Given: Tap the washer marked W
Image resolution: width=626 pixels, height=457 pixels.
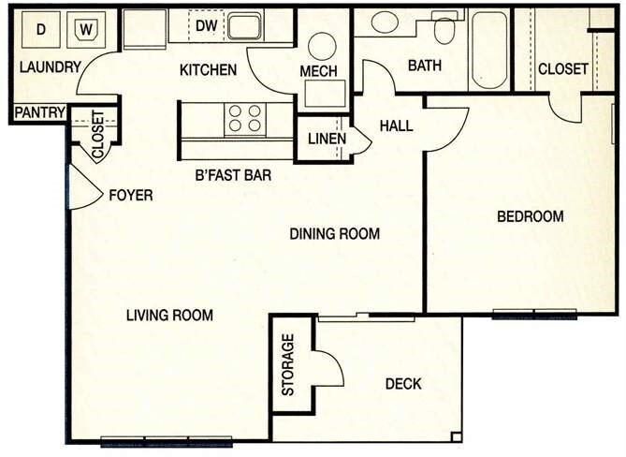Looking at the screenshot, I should (x=86, y=30).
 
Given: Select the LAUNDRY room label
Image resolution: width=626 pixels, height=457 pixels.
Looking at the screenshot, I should (x=50, y=67).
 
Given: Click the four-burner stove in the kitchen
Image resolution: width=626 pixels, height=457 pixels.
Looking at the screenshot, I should (x=245, y=118).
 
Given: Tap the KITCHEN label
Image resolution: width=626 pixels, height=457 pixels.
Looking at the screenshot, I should (x=208, y=70).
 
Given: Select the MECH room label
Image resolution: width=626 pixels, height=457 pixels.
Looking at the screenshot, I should (x=318, y=71).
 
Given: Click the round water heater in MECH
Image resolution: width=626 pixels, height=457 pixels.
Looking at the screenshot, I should (x=323, y=46).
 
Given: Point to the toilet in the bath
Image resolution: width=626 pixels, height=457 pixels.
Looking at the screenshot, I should (x=444, y=30).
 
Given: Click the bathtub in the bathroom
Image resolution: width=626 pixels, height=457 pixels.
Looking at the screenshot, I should (x=488, y=49).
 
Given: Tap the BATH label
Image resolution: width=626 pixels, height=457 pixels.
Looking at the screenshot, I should (x=426, y=66).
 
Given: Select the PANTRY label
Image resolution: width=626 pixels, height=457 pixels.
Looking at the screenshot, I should (x=38, y=113).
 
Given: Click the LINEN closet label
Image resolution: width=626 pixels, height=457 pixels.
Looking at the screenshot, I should (x=327, y=140).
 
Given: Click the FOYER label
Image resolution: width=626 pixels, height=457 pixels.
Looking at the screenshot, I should (x=130, y=195).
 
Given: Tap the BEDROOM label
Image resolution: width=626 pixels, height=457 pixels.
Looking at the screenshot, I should (x=530, y=216).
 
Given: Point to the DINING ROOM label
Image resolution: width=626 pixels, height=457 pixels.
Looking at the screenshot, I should (x=334, y=233).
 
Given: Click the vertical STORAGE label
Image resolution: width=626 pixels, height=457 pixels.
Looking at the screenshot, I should (x=288, y=364).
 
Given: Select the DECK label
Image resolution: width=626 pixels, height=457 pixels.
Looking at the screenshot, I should (x=402, y=383).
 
